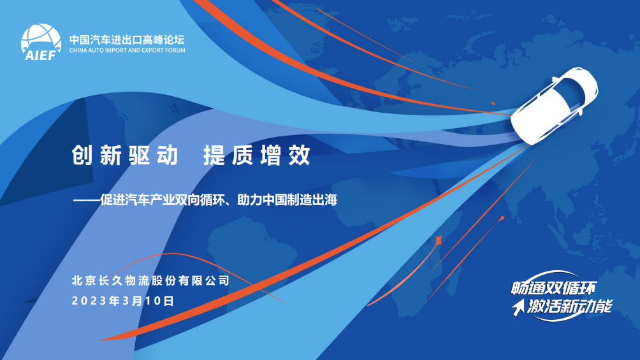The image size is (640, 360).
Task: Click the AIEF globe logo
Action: [41, 42]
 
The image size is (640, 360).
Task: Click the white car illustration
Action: [554, 105]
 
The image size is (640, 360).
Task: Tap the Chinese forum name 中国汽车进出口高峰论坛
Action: [127, 40]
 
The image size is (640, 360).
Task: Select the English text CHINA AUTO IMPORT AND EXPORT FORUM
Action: [127, 50]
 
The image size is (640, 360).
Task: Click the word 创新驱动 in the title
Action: [125, 155]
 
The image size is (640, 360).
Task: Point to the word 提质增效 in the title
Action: [257, 155]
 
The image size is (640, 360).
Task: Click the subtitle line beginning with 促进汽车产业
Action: [205, 200]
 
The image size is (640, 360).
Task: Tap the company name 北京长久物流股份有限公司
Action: [150, 280]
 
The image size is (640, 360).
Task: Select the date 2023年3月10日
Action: [123, 301]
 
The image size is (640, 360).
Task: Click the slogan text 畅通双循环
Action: [554, 288]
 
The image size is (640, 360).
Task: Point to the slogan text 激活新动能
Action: [570, 306]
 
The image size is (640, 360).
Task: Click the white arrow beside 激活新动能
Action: [518, 307]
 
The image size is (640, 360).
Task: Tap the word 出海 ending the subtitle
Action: [325, 200]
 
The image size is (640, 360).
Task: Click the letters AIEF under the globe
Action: [40, 55]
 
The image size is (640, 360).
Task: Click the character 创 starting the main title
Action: [82, 155]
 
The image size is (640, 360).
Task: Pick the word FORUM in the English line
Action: [175, 50]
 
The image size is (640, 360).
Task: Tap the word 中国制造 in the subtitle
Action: [287, 200]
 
